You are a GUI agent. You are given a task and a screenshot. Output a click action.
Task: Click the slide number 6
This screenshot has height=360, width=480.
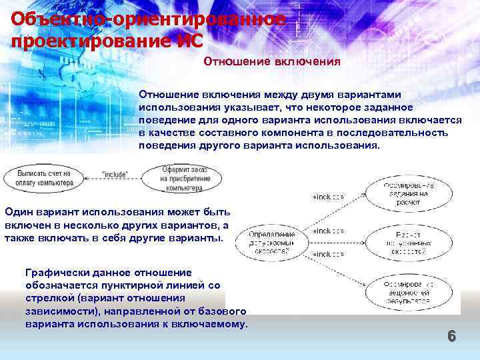[451, 336]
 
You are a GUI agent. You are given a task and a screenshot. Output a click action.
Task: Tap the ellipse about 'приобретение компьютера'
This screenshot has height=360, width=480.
[183, 179]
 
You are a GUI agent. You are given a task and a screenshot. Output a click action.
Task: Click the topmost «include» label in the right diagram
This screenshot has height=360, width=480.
[328, 197]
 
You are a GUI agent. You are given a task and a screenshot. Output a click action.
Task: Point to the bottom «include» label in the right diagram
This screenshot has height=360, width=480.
[328, 254]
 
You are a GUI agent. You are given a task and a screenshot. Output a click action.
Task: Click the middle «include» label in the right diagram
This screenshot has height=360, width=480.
[328, 231]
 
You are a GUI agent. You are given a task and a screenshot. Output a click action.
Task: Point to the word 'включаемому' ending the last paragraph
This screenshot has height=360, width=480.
[214, 324]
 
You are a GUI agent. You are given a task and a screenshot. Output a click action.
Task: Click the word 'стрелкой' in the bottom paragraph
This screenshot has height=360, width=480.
[47, 298]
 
